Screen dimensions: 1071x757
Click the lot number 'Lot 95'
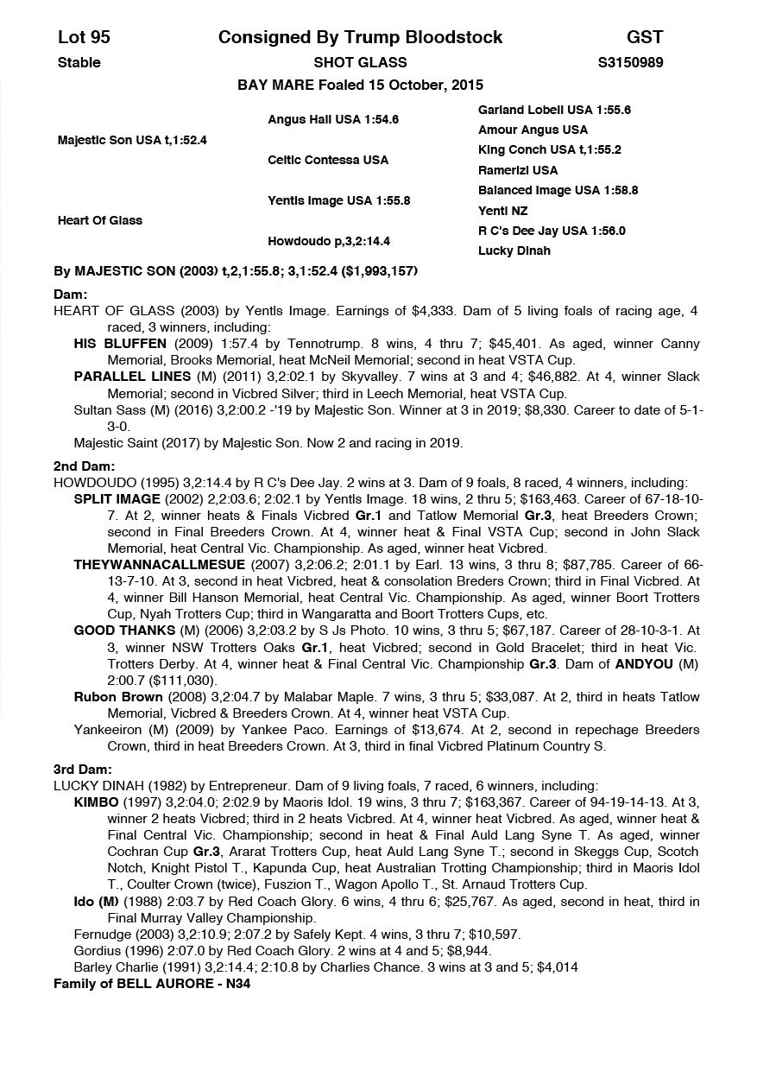(x=84, y=37)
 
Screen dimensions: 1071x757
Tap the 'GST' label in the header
(x=645, y=37)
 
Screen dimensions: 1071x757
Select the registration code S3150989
(x=630, y=62)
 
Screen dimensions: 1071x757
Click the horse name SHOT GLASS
(x=360, y=62)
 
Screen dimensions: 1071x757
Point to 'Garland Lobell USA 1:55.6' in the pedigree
(x=554, y=110)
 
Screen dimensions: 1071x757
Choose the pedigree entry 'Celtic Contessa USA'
(x=328, y=160)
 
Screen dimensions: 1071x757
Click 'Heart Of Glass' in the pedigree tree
(x=100, y=220)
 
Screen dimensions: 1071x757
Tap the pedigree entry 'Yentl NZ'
(x=503, y=211)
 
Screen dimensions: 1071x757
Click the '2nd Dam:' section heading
(x=78, y=466)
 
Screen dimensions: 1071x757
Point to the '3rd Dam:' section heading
(x=77, y=770)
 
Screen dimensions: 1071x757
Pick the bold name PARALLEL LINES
(x=132, y=377)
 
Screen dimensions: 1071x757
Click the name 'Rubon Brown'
(x=118, y=697)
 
